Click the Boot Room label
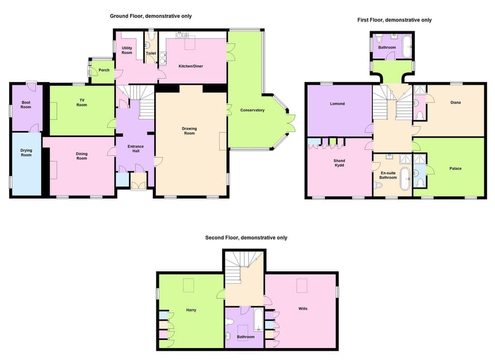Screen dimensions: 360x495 (26, 105)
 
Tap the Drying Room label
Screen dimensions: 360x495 (26, 153)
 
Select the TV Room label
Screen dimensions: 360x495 (81, 102)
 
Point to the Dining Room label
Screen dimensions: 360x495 (81, 156)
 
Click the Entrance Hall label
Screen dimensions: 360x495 (136, 150)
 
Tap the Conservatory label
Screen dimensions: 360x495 (252, 110)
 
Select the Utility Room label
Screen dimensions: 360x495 (127, 50)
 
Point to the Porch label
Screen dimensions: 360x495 (104, 70)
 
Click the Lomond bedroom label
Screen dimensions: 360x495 (337, 104)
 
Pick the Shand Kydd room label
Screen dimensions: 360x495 (339, 163)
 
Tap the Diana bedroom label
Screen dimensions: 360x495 (455, 102)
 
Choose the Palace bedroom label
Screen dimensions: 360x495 (455, 169)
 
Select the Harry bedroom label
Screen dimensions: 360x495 (191, 310)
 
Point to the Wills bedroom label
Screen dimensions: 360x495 (303, 308)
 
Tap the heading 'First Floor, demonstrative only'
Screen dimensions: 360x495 (394, 20)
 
